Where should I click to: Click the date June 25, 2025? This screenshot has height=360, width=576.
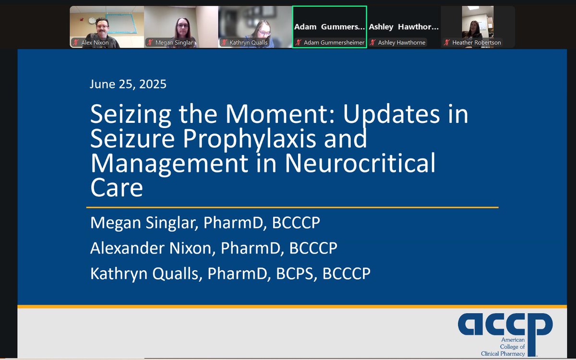128,84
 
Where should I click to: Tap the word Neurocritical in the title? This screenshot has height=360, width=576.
360,163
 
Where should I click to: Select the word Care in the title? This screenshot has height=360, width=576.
117,187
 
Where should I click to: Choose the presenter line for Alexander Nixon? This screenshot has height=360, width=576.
214,248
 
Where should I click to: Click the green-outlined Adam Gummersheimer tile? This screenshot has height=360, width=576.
329,27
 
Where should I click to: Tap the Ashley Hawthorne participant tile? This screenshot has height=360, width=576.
403,27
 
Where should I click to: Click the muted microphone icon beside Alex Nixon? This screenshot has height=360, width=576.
76,43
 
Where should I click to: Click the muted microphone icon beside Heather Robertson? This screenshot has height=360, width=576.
447,43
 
